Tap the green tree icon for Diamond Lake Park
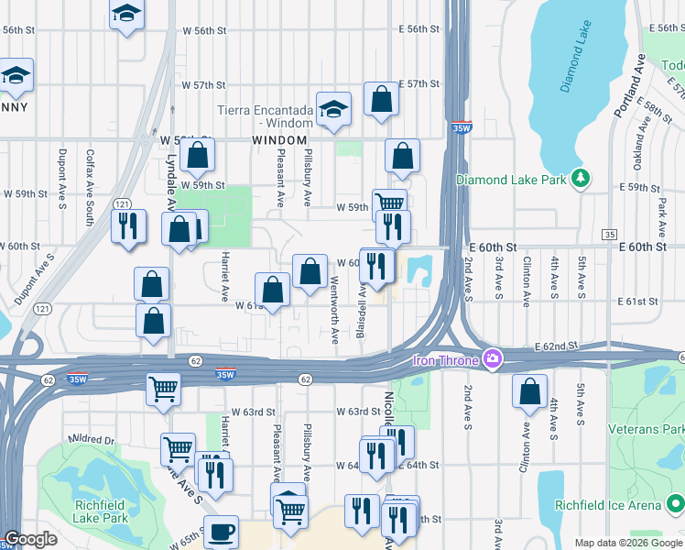click(x=579, y=179)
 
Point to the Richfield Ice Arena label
click(x=608, y=505)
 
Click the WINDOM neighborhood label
click(x=279, y=139)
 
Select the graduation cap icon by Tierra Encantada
click(x=334, y=112)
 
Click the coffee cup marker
click(x=220, y=533)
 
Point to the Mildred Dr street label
click(x=91, y=440)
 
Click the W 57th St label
click(x=203, y=84)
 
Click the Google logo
click(x=30, y=539)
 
